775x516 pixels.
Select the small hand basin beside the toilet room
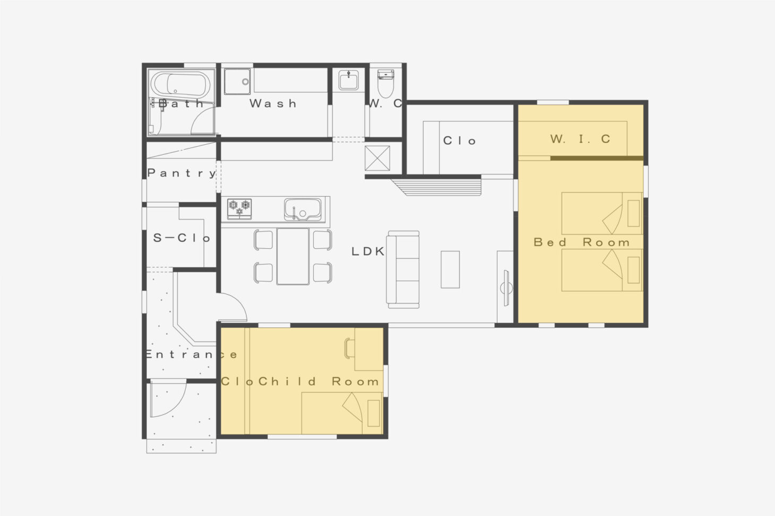click(348, 80)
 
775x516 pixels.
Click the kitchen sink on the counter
click(303, 209)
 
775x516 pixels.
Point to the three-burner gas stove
click(239, 209)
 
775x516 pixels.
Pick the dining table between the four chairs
click(292, 256)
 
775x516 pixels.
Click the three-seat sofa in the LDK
click(403, 269)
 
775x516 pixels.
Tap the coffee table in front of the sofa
click(450, 269)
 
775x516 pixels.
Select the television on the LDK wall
click(506, 288)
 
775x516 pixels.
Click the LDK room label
click(368, 251)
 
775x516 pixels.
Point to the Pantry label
click(182, 173)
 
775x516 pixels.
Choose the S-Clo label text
click(182, 238)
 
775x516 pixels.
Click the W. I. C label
click(580, 139)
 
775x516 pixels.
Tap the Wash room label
click(273, 103)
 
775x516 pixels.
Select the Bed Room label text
click(582, 242)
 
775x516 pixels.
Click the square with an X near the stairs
click(377, 158)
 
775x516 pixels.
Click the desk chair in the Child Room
click(349, 348)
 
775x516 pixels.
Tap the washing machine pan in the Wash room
click(237, 82)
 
